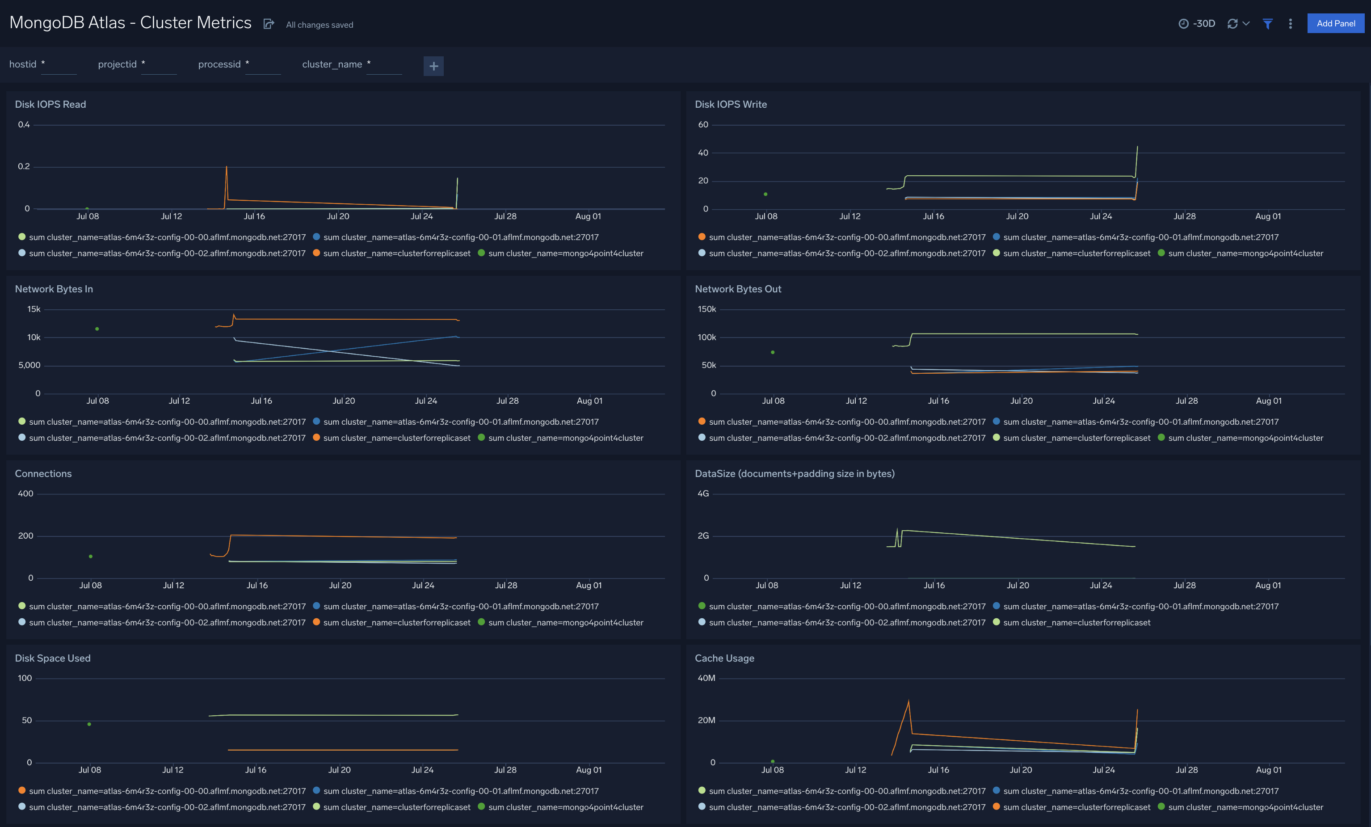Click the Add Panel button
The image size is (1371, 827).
1335,23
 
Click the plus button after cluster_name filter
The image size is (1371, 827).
433,66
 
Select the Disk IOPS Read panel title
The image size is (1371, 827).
50,104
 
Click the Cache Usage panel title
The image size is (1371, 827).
724,658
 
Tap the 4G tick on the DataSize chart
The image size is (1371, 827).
703,494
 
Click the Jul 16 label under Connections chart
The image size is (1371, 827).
257,585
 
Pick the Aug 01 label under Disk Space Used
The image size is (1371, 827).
588,770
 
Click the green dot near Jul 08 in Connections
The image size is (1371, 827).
91,557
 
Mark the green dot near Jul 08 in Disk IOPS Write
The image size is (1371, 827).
765,194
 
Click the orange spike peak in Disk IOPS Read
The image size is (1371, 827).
226,167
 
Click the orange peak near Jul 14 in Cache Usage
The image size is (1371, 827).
908,702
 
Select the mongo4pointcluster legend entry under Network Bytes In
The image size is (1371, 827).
565,438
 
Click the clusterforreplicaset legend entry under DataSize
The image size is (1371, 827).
1076,622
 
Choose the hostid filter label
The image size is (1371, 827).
23,64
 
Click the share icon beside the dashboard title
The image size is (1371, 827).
268,24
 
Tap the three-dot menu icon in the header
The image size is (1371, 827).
1290,23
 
